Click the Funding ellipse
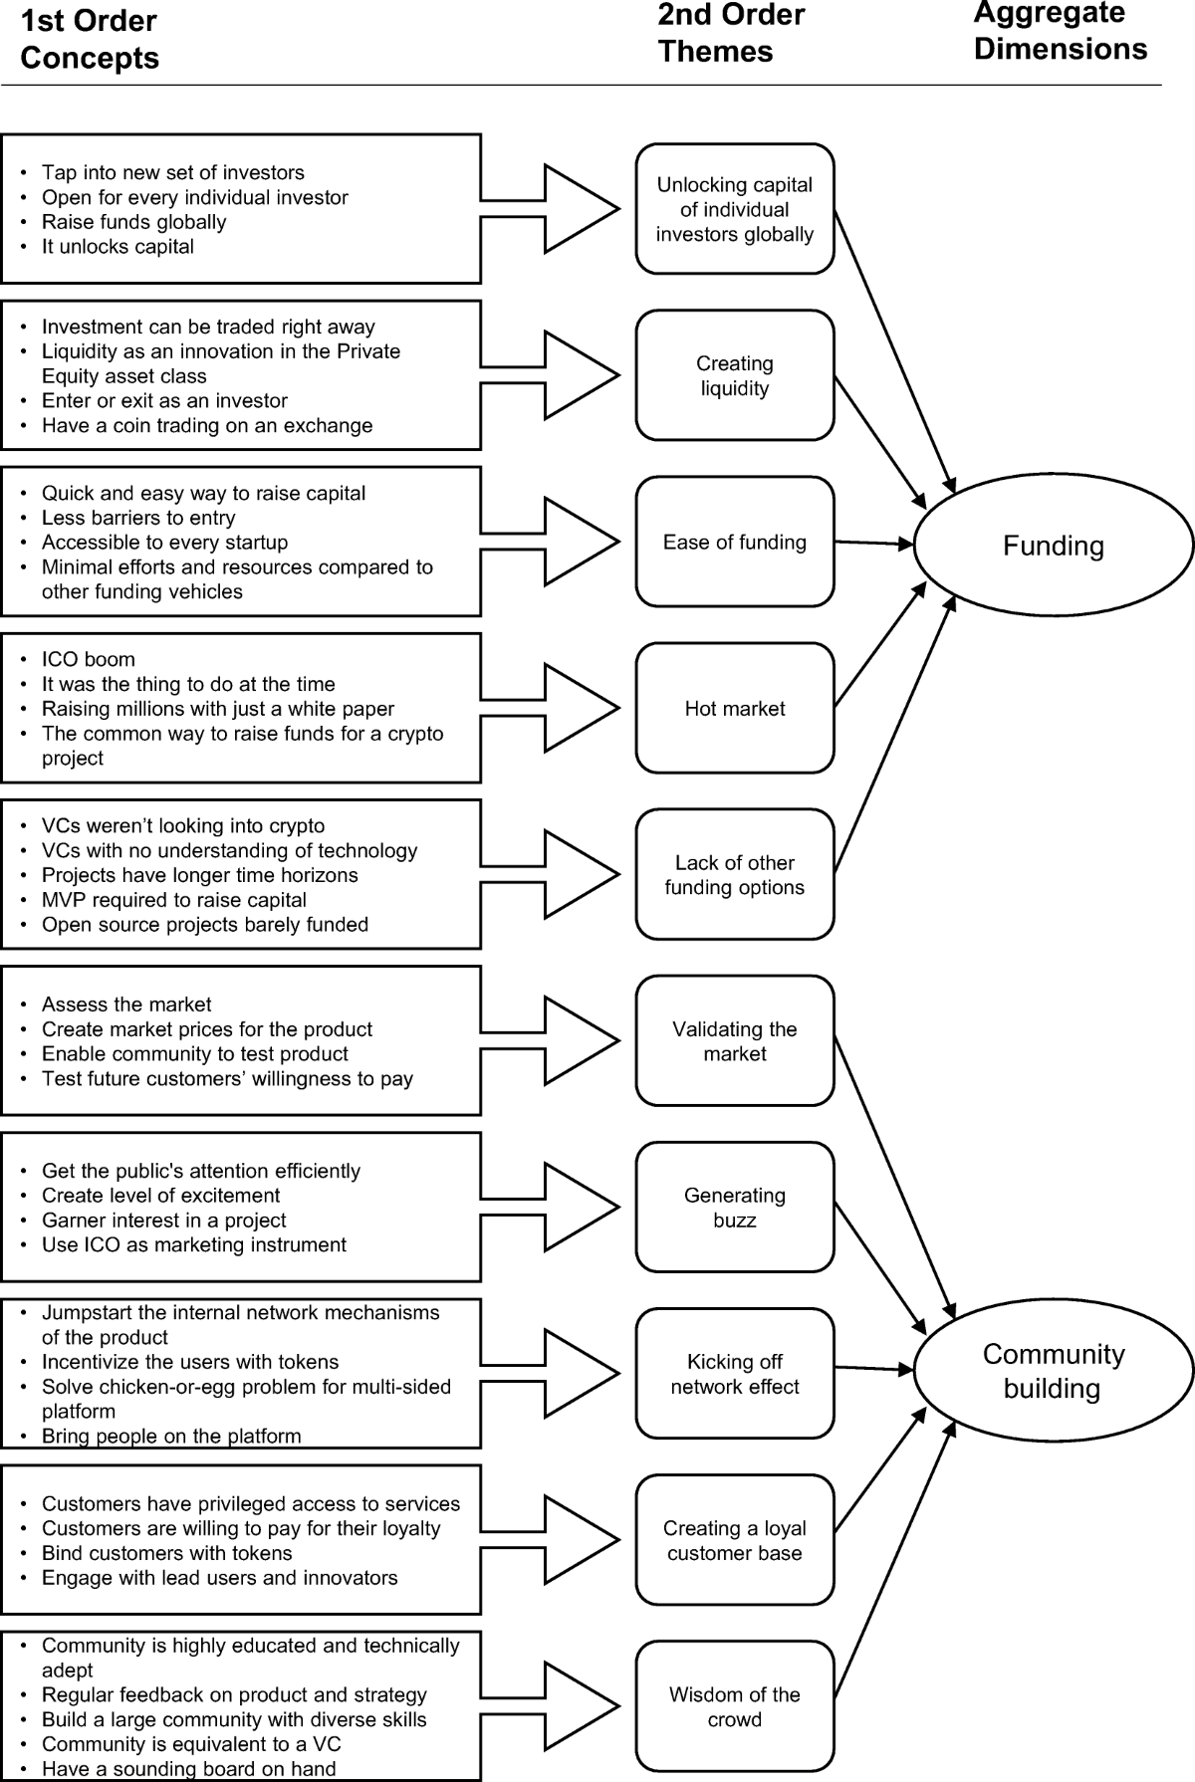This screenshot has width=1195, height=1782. [1053, 546]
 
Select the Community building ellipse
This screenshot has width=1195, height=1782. [1053, 1371]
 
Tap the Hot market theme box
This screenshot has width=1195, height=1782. [735, 708]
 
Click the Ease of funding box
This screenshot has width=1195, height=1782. [735, 542]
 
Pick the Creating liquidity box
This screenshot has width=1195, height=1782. [735, 375]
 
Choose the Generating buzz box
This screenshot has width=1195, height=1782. [735, 1207]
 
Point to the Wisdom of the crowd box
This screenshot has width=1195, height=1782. [735, 1706]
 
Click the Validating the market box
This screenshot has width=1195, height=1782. [735, 1040]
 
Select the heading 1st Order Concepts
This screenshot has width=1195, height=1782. [90, 40]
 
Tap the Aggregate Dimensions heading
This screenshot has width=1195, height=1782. [1060, 31]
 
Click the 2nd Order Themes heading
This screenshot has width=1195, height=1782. [731, 33]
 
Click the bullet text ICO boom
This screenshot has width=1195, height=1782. [89, 659]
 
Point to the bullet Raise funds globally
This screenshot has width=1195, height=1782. [133, 222]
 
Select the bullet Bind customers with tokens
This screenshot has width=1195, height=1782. [166, 1553]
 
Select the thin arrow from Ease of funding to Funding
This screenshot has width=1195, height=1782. [873, 543]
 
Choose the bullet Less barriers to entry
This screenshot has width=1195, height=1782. [138, 518]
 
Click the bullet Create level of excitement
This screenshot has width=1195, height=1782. [160, 1196]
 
